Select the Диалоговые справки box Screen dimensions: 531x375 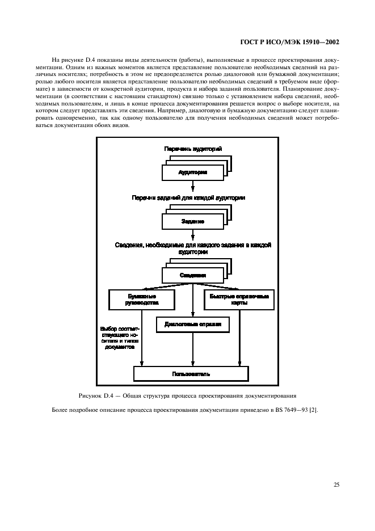[192, 324]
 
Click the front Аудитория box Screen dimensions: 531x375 [192, 172]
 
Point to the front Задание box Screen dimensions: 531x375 [192, 221]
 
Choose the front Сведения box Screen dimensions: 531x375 [192, 275]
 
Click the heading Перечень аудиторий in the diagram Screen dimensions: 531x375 [192, 149]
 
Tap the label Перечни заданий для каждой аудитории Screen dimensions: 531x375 [192, 198]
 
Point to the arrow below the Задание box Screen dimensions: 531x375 [193, 234]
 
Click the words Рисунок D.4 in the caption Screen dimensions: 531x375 [95, 395]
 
